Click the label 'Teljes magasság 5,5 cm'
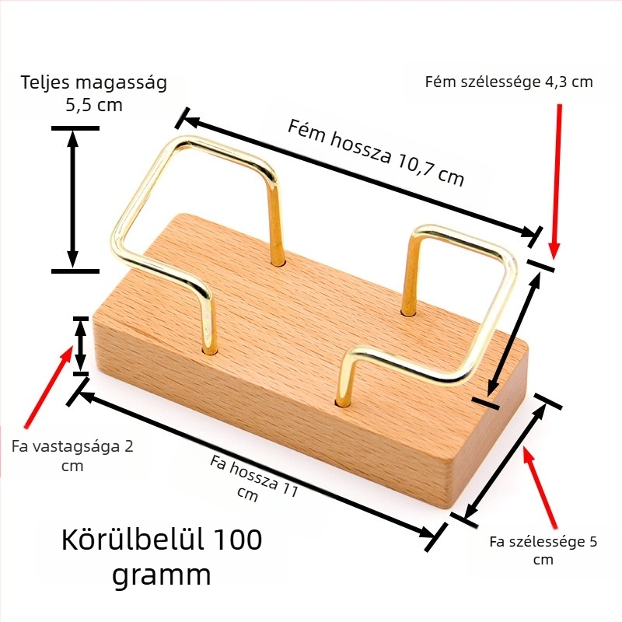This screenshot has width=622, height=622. [93, 93]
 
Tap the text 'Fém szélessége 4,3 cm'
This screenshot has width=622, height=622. [509, 82]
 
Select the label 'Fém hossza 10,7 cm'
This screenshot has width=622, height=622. [376, 153]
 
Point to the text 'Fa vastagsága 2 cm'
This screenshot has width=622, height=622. [72, 456]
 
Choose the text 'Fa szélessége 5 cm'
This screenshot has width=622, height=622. [543, 550]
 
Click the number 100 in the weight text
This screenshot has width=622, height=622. [238, 540]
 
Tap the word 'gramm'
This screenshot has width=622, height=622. [161, 575]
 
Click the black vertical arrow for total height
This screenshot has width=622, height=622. [73, 200]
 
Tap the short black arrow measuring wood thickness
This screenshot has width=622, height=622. [81, 345]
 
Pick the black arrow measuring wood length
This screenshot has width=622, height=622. [257, 464]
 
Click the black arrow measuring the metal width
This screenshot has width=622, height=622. [514, 334]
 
